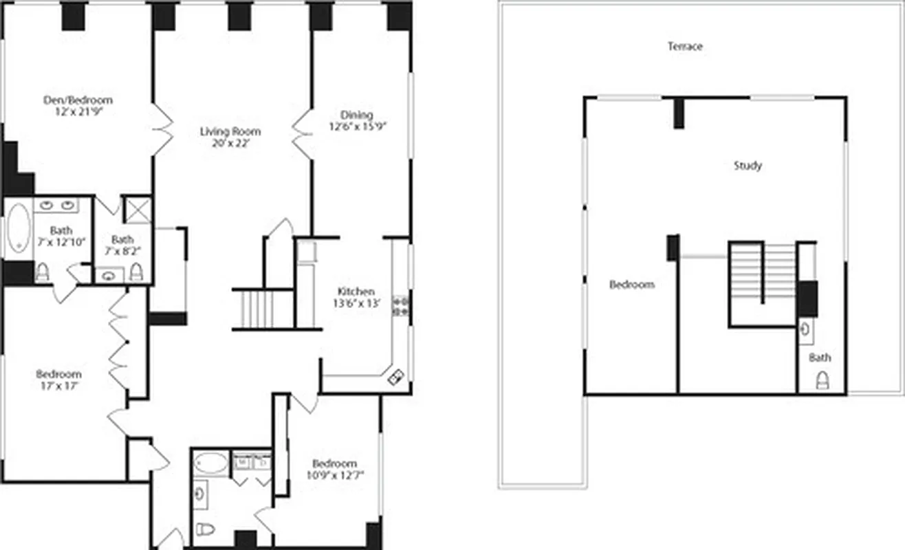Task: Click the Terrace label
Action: pos(685,47)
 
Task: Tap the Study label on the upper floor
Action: pos(748,166)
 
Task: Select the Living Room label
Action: pos(230,131)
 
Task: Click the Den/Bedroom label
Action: pos(78,100)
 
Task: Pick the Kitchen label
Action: pos(356,291)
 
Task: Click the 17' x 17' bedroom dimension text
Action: pos(58,386)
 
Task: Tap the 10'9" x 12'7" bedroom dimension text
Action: pos(334,475)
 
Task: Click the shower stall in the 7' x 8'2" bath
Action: pos(137,210)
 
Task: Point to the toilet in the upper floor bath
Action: pos(821,380)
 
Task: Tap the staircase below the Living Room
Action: pos(263,309)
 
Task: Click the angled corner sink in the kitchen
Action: pos(397,375)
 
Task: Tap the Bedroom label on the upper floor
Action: pos(631,284)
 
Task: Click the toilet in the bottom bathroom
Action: pos(205,528)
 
